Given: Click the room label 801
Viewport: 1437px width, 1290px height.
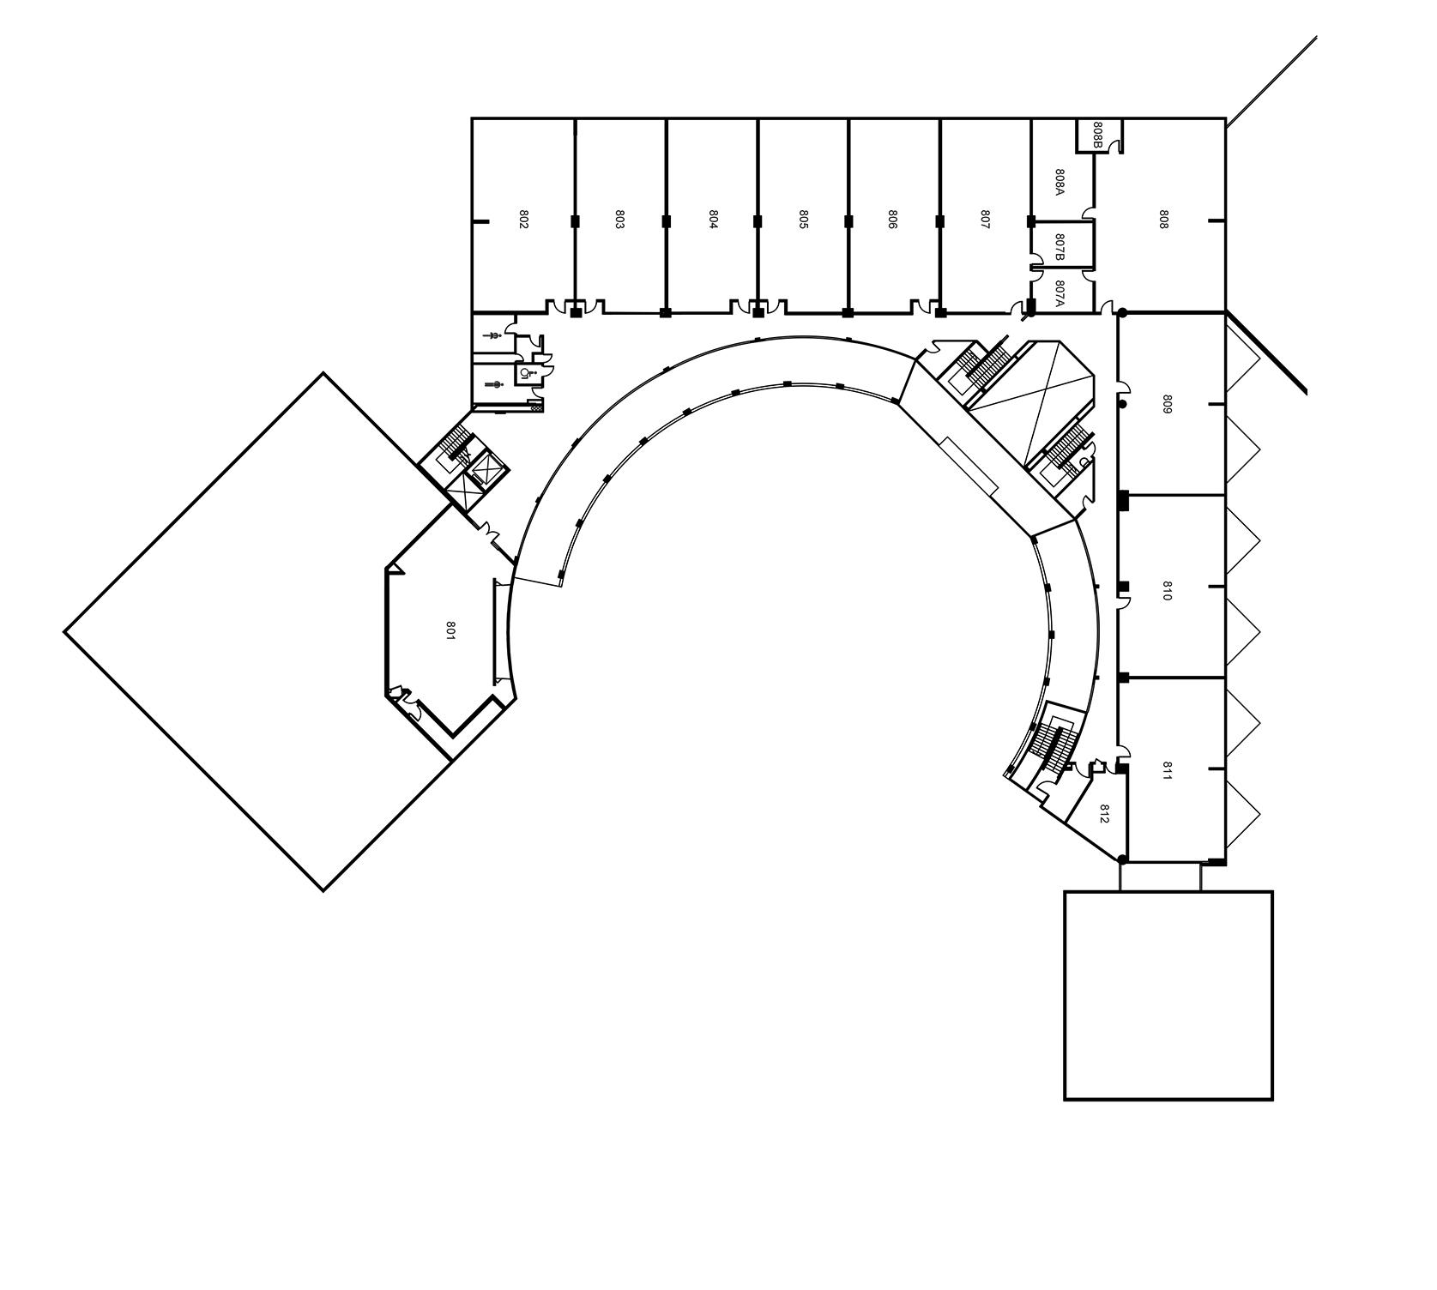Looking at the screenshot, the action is click(450, 630).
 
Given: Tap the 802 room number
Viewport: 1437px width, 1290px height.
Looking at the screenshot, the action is click(523, 219).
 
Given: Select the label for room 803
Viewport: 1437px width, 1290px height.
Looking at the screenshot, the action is click(619, 219).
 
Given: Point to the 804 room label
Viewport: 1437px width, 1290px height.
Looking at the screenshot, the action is click(713, 219).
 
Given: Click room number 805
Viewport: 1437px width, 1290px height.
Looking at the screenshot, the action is click(804, 219).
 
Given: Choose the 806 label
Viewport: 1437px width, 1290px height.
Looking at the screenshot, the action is click(893, 219).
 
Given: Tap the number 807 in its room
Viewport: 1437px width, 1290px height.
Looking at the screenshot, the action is click(985, 219).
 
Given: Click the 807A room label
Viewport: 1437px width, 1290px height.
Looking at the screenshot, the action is click(1060, 293).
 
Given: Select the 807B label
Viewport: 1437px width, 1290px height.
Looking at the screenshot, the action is click(1060, 247).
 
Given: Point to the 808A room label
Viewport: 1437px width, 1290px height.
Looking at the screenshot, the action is click(1060, 181).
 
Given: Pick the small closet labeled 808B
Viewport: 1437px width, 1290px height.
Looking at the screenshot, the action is click(1098, 134).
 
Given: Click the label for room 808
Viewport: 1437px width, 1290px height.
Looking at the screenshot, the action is click(1163, 219).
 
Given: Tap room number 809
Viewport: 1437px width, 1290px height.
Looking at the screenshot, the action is click(1167, 404).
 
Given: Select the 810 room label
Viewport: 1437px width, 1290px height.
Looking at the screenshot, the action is click(1167, 590).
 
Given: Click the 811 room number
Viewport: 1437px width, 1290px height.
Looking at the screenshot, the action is click(1167, 770).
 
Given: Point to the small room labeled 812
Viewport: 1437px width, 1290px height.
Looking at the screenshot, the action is click(1104, 813).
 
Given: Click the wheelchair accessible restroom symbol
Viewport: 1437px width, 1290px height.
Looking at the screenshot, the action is click(525, 373).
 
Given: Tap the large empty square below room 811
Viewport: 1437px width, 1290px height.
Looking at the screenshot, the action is click(1168, 995).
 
